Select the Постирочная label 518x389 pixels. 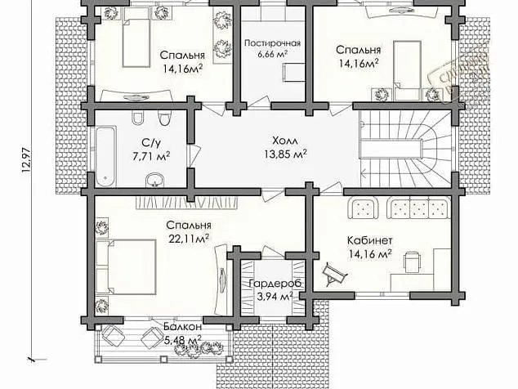tap(273, 42)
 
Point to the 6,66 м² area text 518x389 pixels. tap(273, 55)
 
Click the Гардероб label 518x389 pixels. tap(273, 283)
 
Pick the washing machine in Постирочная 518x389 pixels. tap(289, 74)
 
